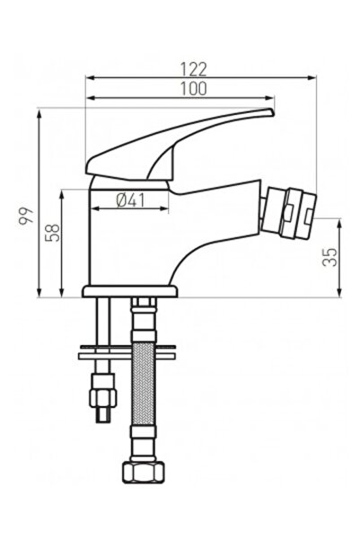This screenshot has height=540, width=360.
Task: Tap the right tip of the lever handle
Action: pos(270,112)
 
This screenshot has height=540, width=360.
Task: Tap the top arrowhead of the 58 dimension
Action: pos(61,191)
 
